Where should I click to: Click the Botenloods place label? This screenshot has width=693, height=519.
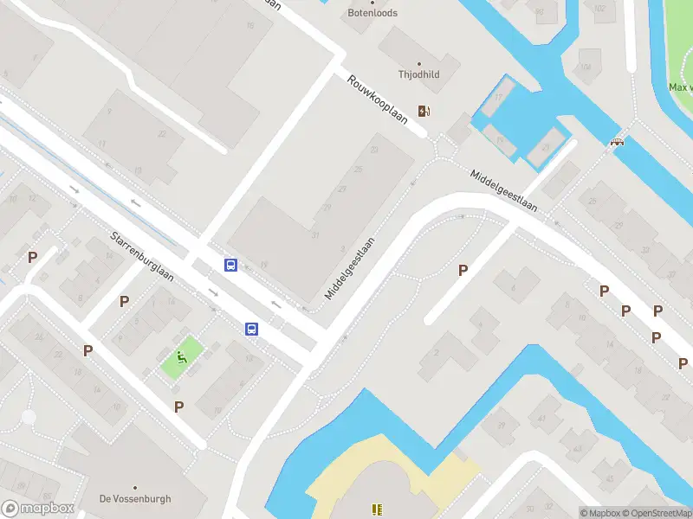point(372,13)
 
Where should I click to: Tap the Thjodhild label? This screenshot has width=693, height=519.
point(418,74)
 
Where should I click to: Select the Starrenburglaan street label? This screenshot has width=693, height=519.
point(142,257)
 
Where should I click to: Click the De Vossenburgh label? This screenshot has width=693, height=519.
point(135,499)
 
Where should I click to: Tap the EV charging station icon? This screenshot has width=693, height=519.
point(424,111)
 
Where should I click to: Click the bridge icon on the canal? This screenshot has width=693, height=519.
point(618,142)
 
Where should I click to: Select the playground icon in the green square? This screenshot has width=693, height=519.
point(182,356)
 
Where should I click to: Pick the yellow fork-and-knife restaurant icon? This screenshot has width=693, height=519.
point(377,510)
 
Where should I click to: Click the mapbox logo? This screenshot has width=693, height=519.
point(37,509)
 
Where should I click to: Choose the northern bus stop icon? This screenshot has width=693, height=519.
point(231,266)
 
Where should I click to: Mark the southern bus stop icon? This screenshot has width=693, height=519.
point(251,329)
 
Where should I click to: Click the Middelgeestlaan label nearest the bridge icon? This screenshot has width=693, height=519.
point(503,190)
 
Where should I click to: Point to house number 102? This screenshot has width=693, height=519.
point(599,8)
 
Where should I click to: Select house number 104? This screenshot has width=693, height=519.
point(586,67)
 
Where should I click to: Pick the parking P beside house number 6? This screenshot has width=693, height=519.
point(463,271)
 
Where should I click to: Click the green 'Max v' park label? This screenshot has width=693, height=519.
point(680,87)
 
